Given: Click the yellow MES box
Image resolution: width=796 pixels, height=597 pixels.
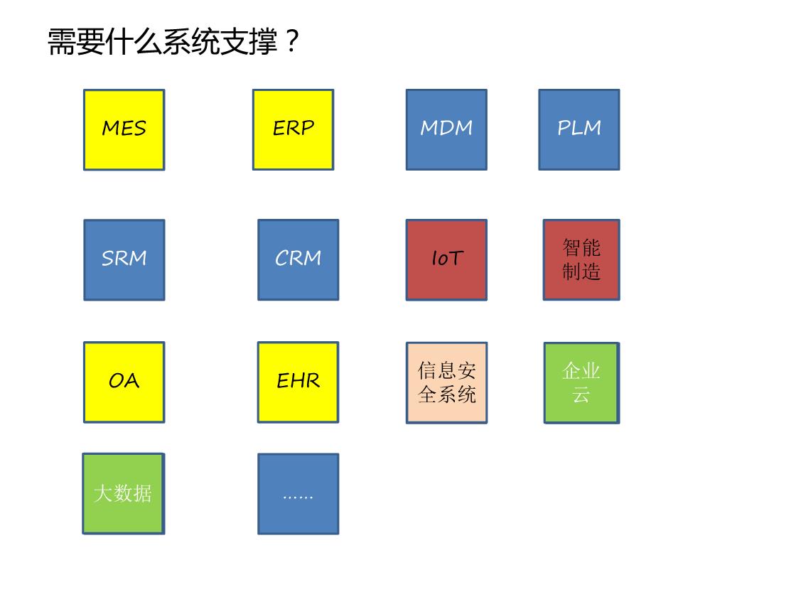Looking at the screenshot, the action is tap(124, 130).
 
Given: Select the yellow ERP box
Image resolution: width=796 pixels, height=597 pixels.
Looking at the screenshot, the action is tap(294, 130).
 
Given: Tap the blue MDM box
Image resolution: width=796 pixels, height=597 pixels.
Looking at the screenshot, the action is tap(447, 130).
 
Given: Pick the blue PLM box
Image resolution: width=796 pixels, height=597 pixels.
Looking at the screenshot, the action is tap(579, 130).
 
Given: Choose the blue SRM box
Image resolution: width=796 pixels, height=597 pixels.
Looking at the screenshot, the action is tap(124, 260).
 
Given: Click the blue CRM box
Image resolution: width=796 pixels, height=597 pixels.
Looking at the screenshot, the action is tap(298, 260).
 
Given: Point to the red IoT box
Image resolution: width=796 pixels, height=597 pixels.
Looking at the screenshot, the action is tap(447, 260).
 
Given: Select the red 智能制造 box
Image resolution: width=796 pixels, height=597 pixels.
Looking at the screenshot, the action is tap(581, 260).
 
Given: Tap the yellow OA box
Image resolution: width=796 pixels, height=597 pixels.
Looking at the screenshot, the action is tap(124, 382).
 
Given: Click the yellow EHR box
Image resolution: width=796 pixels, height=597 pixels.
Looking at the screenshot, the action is tap(298, 382).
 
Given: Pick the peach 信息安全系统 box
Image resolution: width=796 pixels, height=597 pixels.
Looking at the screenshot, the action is tap(447, 383).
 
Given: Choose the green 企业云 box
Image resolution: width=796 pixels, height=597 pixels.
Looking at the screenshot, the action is tap(582, 383).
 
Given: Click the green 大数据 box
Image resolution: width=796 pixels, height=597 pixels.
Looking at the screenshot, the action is tap(124, 493).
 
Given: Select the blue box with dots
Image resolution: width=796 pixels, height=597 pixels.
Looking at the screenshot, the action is tap(298, 494).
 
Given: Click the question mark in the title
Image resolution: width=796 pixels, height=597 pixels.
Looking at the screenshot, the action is tap(292, 41).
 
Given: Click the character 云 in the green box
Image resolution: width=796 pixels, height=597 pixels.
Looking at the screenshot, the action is tap(581, 394).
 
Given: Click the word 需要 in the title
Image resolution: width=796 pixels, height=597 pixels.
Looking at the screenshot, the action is tap(77, 41).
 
